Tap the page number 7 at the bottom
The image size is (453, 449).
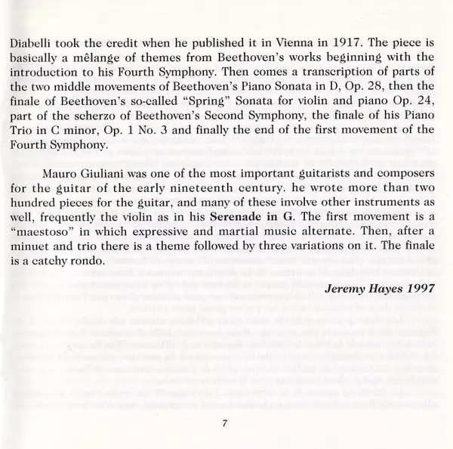(x=225, y=423)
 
